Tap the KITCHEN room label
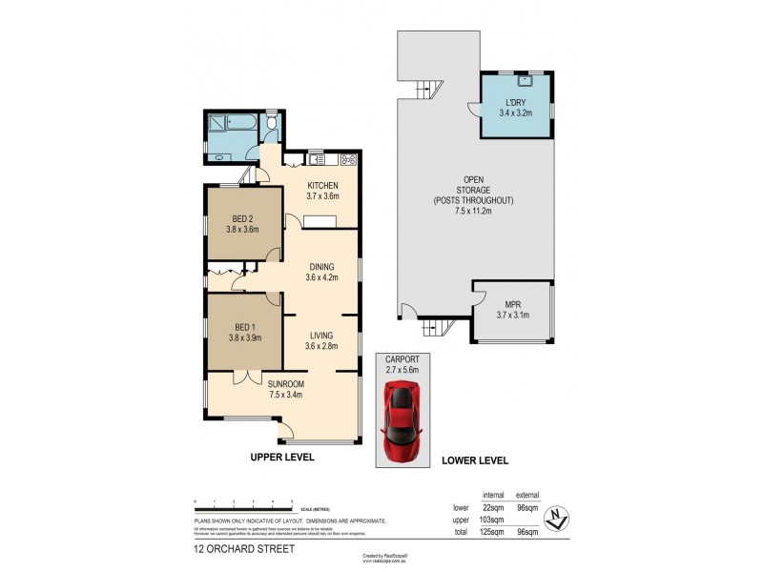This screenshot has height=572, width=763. click(322, 185)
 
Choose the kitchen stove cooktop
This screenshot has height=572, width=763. click(349, 158)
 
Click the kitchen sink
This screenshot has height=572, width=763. click(316, 158)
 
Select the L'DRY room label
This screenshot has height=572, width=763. click(515, 102)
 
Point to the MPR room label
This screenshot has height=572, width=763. click(513, 304)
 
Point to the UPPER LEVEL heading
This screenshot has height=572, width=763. click(281, 458)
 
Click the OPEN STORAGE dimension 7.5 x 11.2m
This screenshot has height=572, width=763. click(474, 212)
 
